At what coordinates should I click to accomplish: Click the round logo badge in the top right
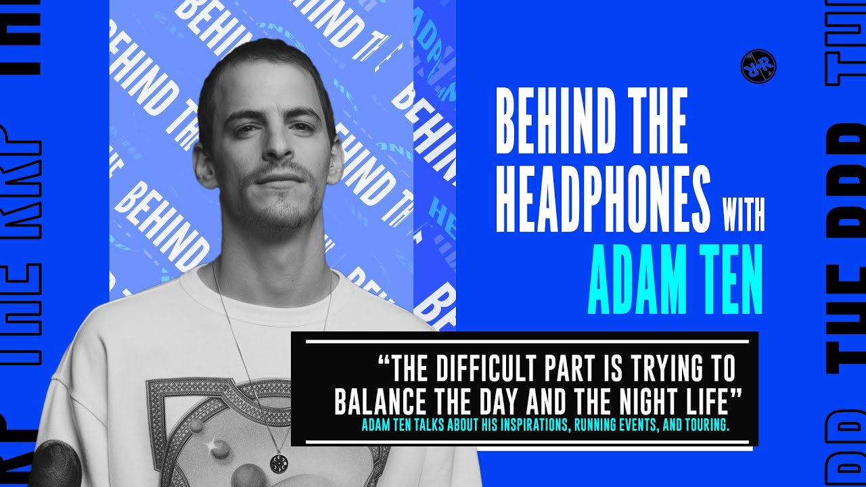pos(758,67)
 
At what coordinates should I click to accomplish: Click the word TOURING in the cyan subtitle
pos(703,427)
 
